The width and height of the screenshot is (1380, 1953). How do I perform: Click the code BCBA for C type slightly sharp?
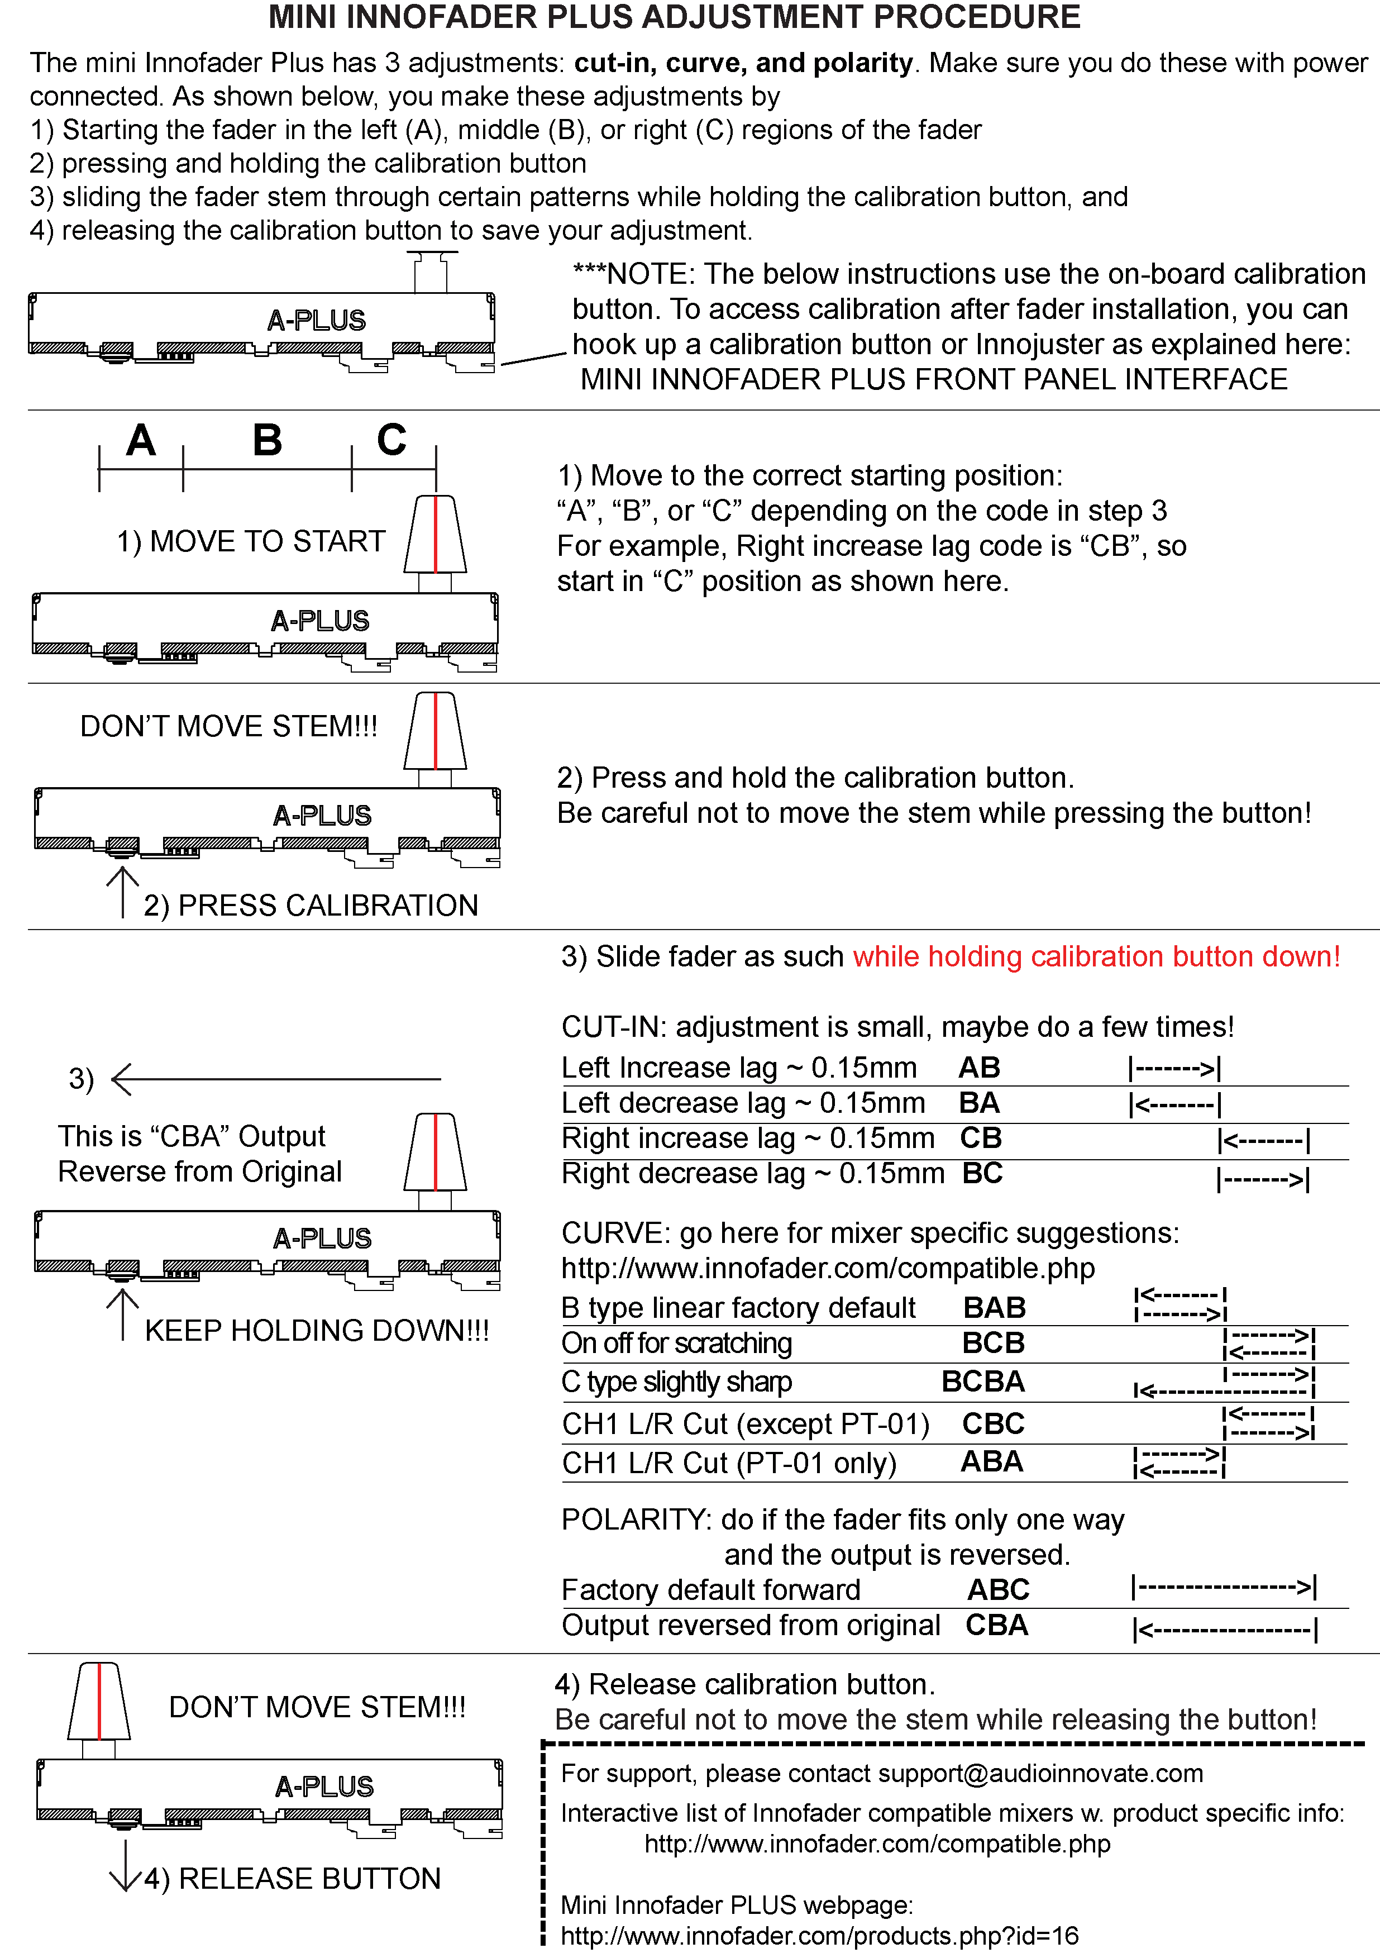pos(983,1382)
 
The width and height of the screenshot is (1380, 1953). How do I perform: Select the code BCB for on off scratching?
pos(993,1343)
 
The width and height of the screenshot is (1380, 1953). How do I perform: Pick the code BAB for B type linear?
pos(994,1307)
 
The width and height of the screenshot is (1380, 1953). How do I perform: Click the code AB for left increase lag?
pos(980,1068)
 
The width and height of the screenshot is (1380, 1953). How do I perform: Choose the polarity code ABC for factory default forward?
pos(998,1590)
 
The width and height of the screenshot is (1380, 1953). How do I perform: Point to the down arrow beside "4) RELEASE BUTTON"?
pos(126,1865)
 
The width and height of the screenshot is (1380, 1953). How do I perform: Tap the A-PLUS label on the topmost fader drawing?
pos(316,321)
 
